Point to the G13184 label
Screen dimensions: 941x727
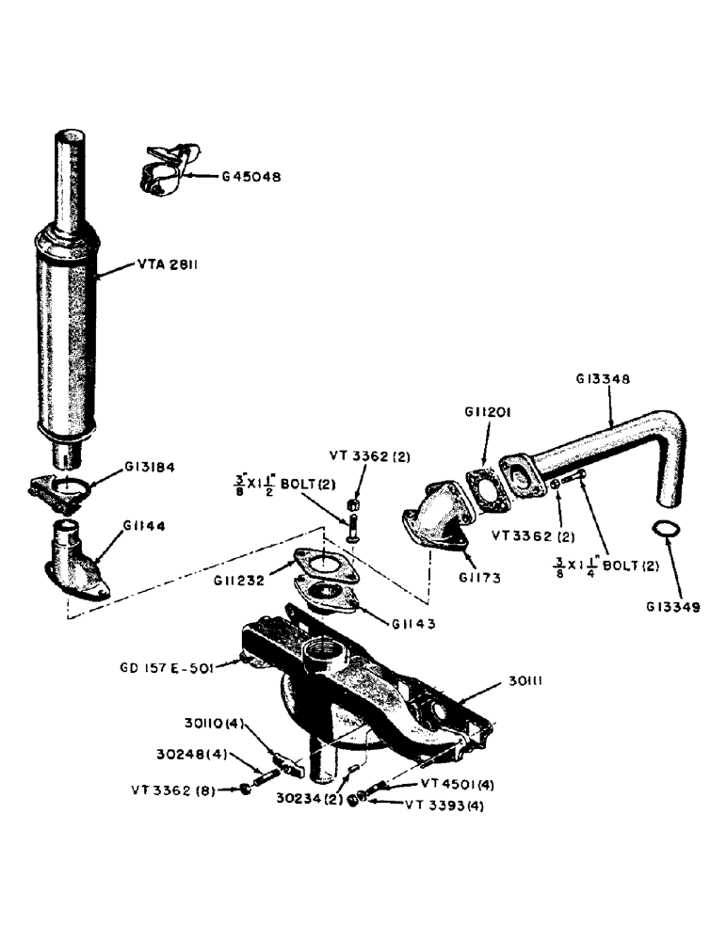click(155, 467)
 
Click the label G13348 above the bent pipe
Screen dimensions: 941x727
click(602, 379)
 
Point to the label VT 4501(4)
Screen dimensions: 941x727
click(452, 783)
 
